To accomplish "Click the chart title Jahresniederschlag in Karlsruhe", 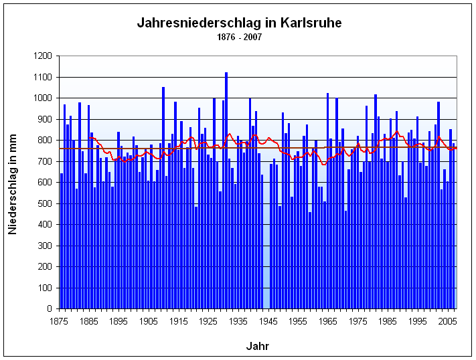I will click(239, 23).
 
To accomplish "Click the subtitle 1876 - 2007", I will click(239, 36).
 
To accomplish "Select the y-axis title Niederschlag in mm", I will click(13, 182).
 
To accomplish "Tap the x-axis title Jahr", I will click(258, 346).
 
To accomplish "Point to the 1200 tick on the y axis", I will click(42, 56).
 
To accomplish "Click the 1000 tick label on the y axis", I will click(42, 98).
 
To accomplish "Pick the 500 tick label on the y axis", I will click(44, 203).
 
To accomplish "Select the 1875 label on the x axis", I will click(60, 321).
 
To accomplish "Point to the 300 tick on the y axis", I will click(44, 246).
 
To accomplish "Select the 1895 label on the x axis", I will click(119, 321).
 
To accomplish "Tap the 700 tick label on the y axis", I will click(44, 161).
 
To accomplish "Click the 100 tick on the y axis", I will click(44, 288).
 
